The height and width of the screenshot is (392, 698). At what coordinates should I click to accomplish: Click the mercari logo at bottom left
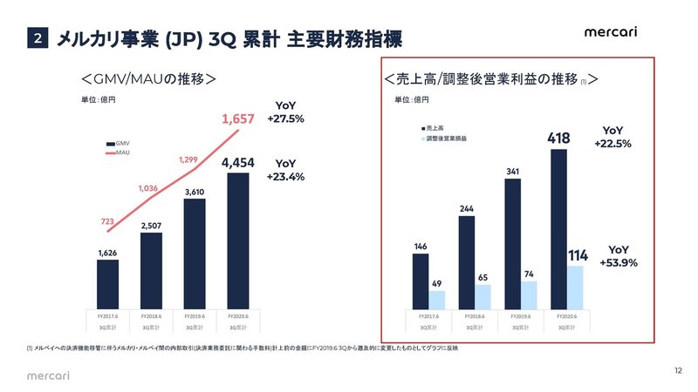45,374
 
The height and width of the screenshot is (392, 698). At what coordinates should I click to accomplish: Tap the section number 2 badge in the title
37,38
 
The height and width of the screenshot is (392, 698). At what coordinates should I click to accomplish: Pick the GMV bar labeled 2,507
151,268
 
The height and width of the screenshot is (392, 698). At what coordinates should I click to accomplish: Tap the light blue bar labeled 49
436,298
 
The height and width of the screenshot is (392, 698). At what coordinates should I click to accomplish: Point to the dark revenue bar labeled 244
467,260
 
